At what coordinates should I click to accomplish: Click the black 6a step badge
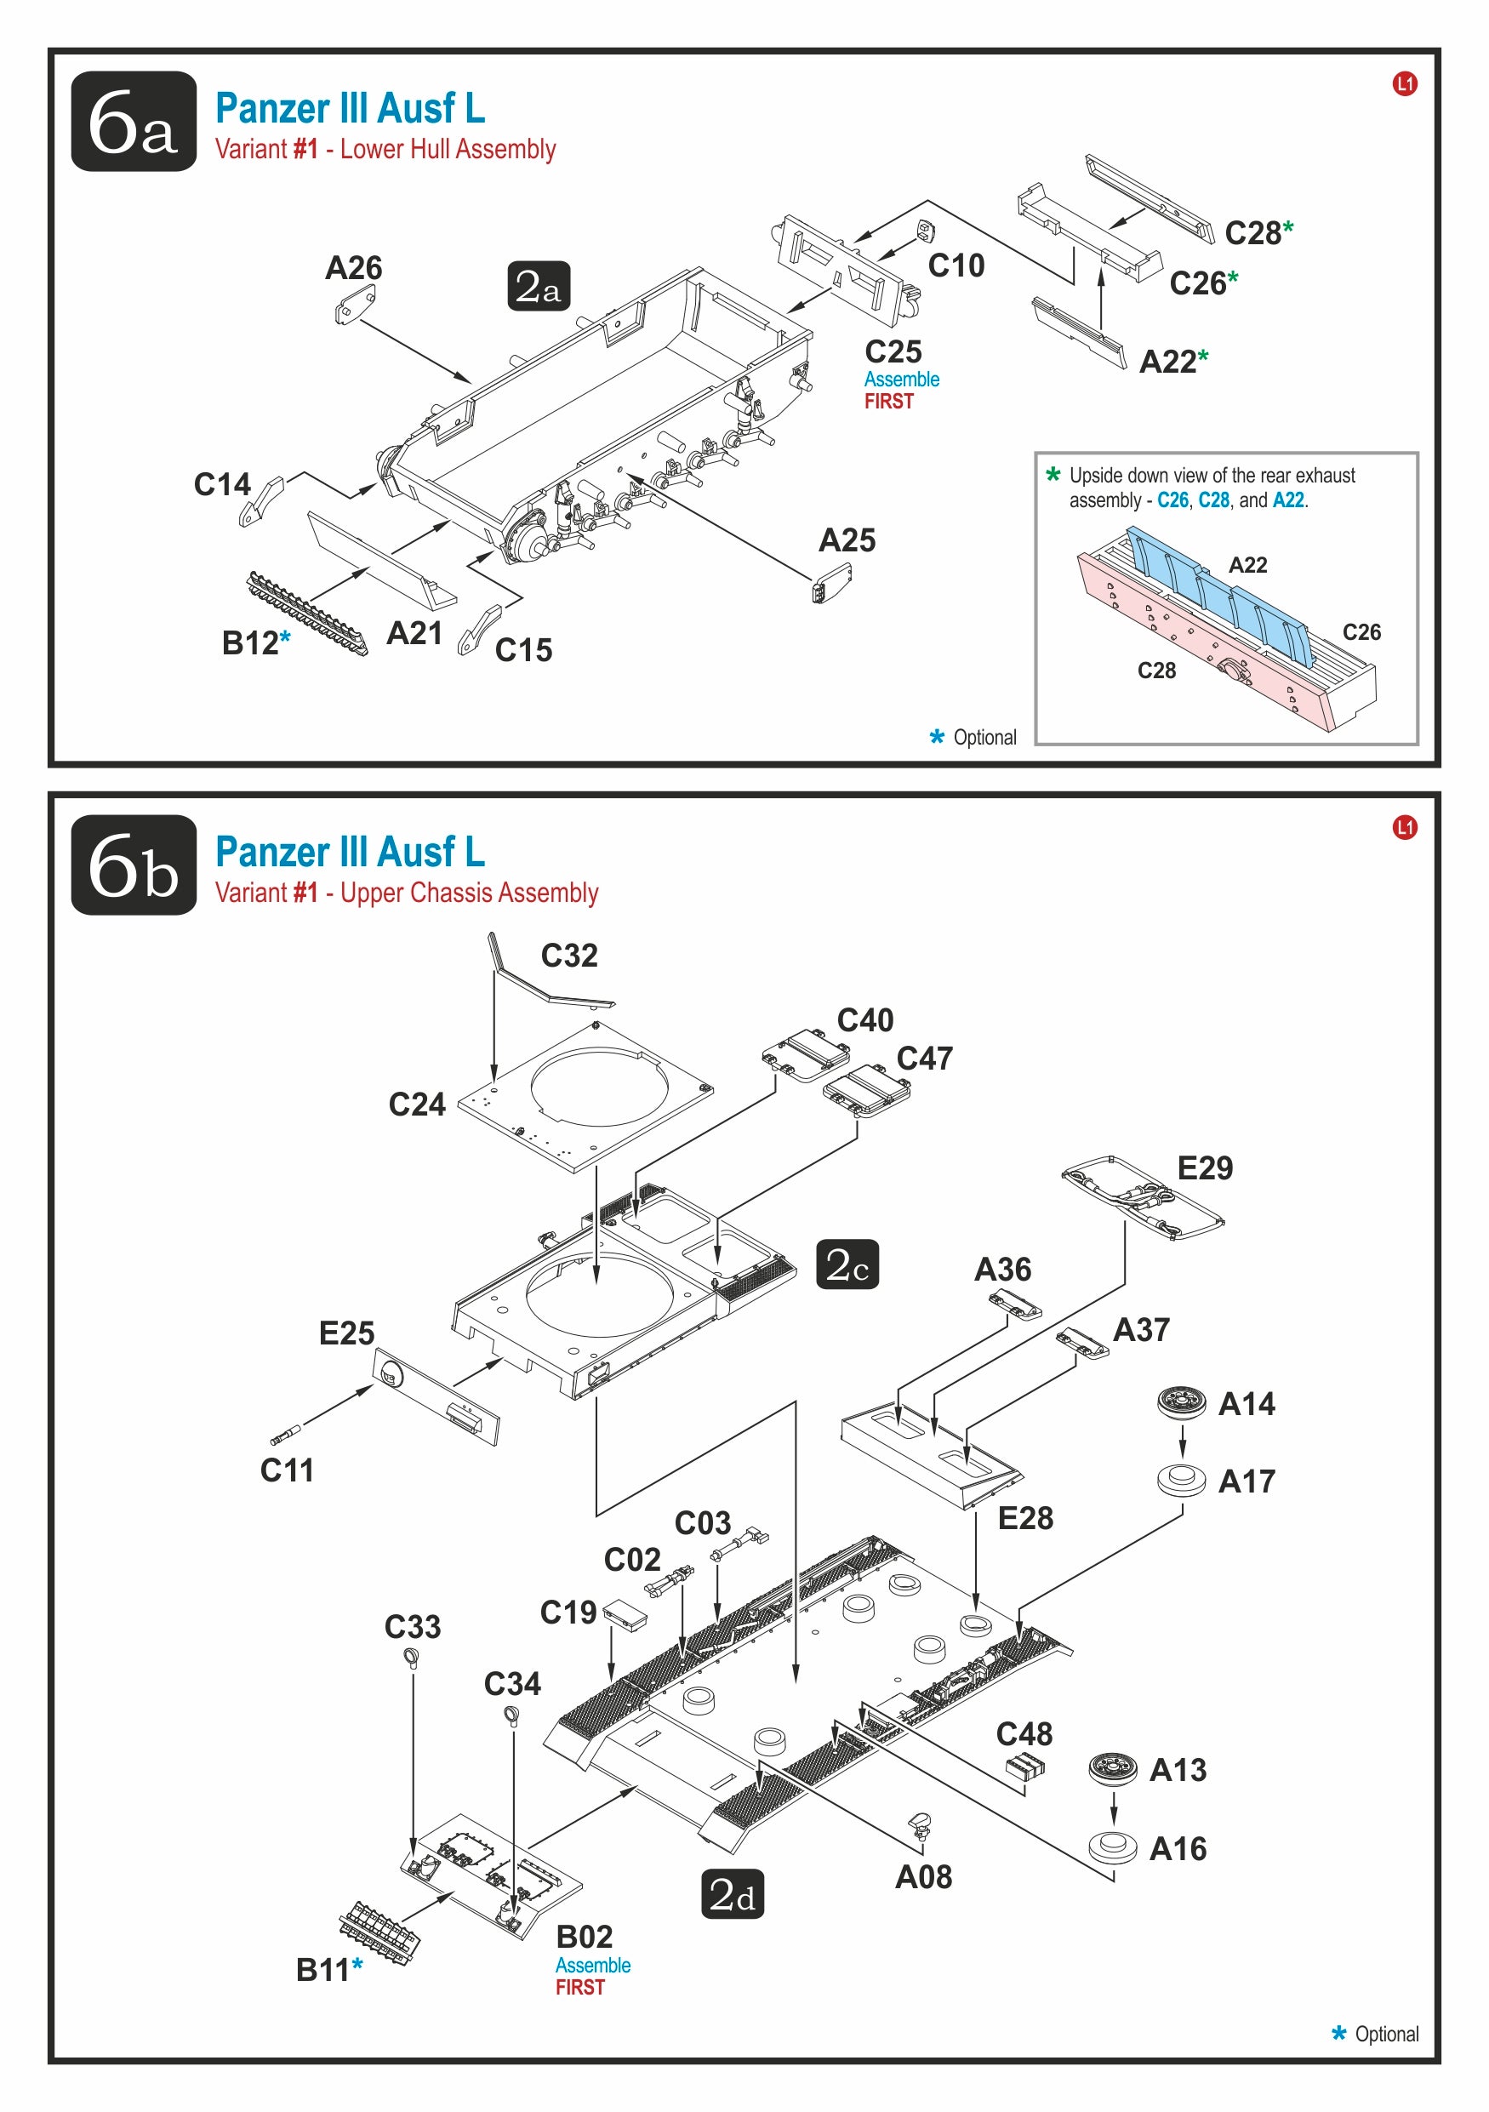pyautogui.click(x=134, y=121)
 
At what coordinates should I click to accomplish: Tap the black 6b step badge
pyautogui.click(x=134, y=865)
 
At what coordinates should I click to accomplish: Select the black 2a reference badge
pyautogui.click(x=539, y=286)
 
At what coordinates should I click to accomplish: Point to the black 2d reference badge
pyautogui.click(x=732, y=1894)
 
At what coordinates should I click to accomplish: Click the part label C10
pyautogui.click(x=956, y=265)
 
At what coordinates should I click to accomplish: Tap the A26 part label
pyautogui.click(x=353, y=268)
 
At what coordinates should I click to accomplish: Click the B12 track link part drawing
pyautogui.click(x=307, y=614)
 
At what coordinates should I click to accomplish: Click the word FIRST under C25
pyautogui.click(x=888, y=401)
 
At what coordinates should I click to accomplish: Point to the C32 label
pyautogui.click(x=569, y=955)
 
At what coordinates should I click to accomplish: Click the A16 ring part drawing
pyautogui.click(x=1114, y=1847)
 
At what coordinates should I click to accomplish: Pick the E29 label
pyautogui.click(x=1205, y=1167)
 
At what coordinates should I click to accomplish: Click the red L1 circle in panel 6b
pyautogui.click(x=1405, y=827)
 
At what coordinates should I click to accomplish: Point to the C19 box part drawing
pyautogui.click(x=625, y=1613)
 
